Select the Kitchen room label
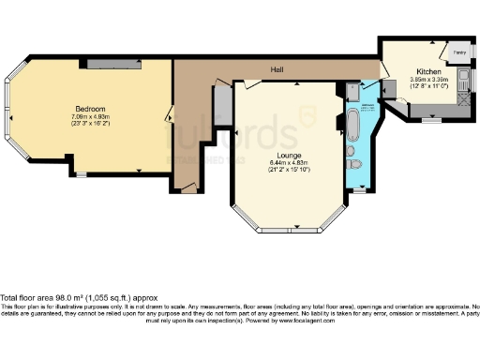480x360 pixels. [x=428, y=71]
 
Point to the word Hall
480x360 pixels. [x=277, y=70]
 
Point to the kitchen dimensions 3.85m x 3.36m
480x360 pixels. [x=428, y=81]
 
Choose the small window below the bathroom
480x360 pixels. [x=358, y=192]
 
